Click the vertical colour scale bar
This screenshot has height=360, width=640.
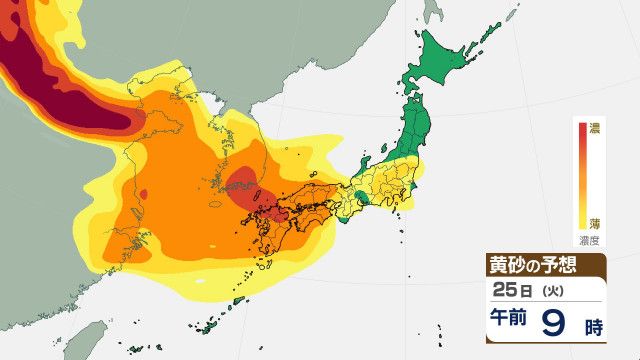tap(580, 175)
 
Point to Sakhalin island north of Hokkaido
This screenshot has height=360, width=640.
tap(433, 10)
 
